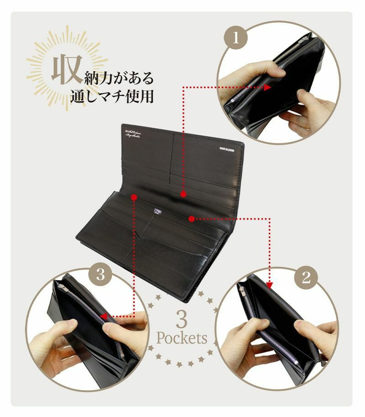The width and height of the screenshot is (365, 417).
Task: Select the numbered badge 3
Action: (x=101, y=275)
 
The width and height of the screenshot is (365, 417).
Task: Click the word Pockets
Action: (x=182, y=339)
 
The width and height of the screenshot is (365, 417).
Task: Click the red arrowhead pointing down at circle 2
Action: (x=269, y=287)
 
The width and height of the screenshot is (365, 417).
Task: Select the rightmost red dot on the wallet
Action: (x=192, y=218)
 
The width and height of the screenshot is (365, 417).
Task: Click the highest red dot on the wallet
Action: (x=183, y=194)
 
